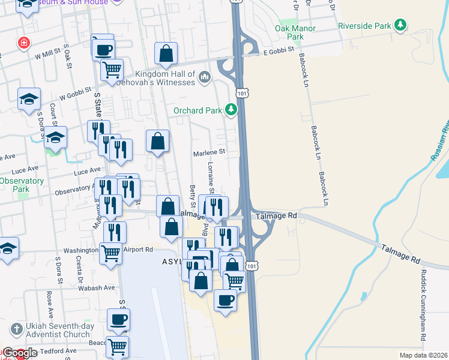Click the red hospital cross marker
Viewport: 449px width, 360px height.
pos(23,43)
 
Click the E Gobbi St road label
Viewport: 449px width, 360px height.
pos(281,53)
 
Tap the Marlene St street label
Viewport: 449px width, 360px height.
pos(208,152)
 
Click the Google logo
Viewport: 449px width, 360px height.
pos(20,353)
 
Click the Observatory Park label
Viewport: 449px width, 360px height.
pos(20,184)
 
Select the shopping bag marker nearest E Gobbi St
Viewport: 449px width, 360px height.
pos(166,54)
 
